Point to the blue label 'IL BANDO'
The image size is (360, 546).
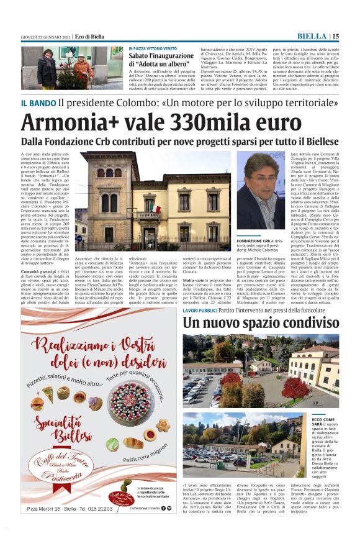38,102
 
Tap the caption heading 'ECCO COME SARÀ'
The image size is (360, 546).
323,422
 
